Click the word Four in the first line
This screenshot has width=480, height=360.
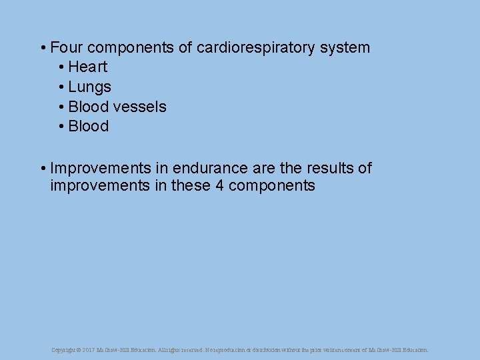tap(66, 47)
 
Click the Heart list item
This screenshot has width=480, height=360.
tap(87, 67)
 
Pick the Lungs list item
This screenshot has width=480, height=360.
tap(89, 87)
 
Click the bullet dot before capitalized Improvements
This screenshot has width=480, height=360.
tap(42, 169)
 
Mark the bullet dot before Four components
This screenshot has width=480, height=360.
tap(42, 48)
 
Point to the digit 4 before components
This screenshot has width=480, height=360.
tap(219, 185)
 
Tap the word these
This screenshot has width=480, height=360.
tap(191, 185)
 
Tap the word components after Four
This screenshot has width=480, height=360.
tap(139, 47)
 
